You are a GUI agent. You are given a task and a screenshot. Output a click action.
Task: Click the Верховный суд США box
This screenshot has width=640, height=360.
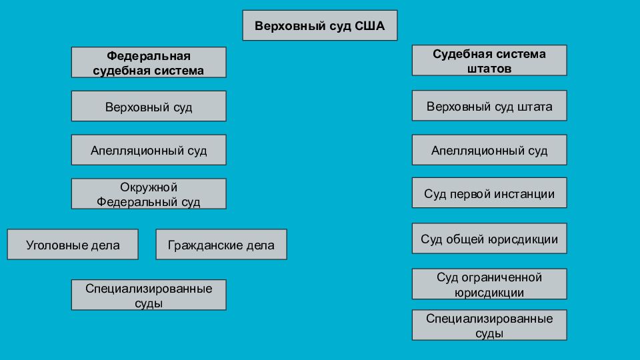tap(319, 25)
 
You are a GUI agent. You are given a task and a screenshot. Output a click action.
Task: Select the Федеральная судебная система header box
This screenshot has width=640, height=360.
tap(149, 62)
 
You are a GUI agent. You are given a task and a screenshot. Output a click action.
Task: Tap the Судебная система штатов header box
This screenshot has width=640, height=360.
tap(489, 61)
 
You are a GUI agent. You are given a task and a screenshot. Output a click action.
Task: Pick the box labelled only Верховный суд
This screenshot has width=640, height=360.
tap(149, 106)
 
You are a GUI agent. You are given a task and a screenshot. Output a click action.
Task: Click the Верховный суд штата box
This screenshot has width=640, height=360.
tap(489, 106)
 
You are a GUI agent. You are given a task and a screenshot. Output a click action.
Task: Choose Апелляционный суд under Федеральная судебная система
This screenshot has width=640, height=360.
tap(149, 150)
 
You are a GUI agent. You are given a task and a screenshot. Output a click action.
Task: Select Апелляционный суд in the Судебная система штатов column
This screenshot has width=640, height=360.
tap(489, 150)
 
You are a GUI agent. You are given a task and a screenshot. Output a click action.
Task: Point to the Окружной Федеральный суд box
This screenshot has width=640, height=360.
tap(149, 193)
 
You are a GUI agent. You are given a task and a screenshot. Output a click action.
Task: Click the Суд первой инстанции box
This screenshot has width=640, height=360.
tap(489, 193)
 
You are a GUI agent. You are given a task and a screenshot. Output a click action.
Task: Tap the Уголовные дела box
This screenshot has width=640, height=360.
tap(73, 244)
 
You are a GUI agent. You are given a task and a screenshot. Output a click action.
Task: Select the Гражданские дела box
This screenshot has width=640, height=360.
tap(221, 244)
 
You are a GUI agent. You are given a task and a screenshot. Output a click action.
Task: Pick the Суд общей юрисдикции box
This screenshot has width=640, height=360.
tap(489, 239)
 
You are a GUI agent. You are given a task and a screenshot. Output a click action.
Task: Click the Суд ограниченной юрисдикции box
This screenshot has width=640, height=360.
tap(489, 284)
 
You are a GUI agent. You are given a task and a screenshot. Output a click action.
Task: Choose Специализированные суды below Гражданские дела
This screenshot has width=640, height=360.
tap(149, 295)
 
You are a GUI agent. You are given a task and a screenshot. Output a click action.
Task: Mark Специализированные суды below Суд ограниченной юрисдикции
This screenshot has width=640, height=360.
tap(489, 325)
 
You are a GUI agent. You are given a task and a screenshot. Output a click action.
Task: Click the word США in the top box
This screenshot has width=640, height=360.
tap(369, 26)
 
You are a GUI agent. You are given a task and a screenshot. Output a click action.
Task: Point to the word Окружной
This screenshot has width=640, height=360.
tap(149, 187)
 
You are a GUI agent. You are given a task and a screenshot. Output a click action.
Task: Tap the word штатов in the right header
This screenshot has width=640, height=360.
tap(489, 69)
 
